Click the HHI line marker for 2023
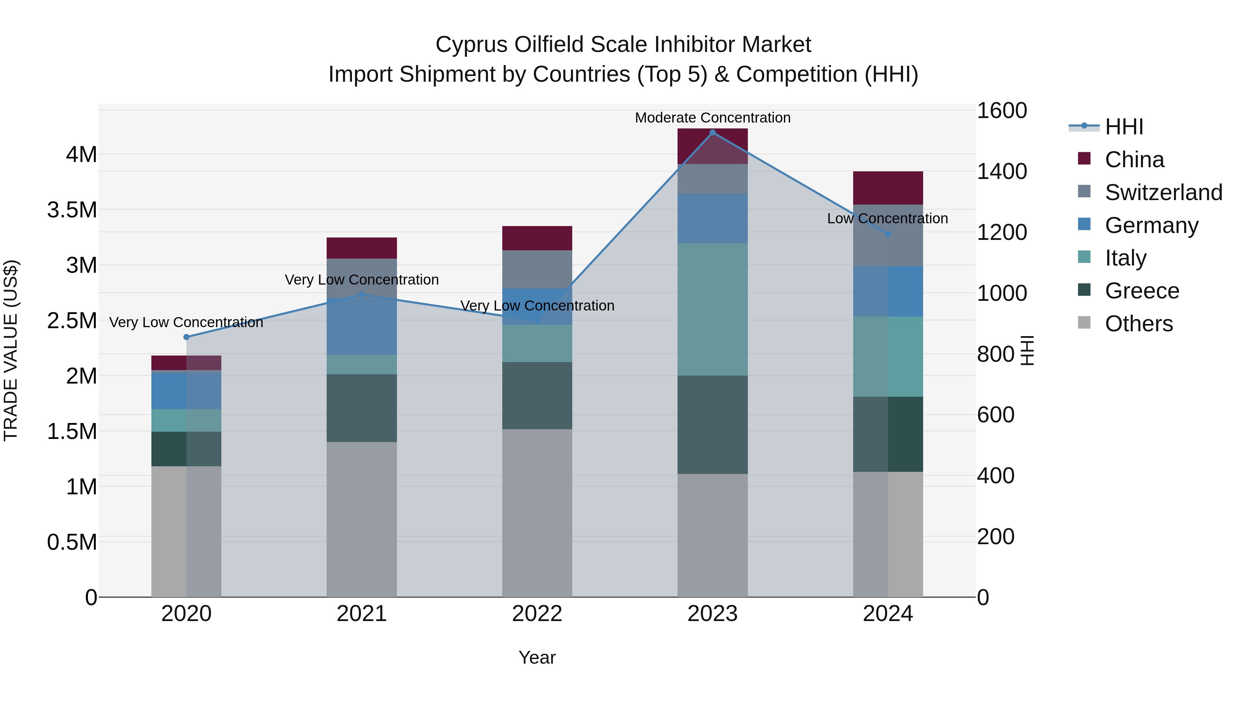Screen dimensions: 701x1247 tap(712, 133)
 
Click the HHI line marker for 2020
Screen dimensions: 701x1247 tap(186, 337)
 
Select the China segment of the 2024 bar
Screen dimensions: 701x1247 tap(888, 188)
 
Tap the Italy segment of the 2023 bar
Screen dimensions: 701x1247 tap(712, 309)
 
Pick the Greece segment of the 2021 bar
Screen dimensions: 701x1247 tap(362, 408)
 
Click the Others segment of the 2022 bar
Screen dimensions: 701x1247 tap(537, 513)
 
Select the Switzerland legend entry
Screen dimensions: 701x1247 tap(1163, 192)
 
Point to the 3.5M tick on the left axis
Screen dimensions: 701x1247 tap(72, 210)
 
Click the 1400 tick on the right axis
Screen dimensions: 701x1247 tap(1001, 172)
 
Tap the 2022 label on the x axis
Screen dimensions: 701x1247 tap(537, 614)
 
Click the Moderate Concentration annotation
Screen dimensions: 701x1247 tap(712, 118)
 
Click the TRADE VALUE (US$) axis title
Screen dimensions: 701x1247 tap(11, 350)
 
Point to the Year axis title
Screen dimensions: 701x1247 tap(537, 657)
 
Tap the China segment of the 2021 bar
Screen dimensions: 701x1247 tap(362, 248)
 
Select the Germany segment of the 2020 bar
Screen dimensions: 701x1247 tap(186, 390)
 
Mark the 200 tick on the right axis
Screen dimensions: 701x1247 tap(995, 537)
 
